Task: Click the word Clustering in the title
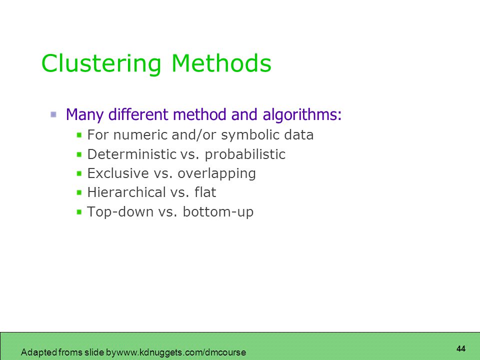click(x=101, y=64)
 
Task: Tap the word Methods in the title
click(x=221, y=63)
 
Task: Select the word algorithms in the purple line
click(x=302, y=115)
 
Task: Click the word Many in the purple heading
click(x=85, y=115)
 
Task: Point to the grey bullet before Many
click(x=53, y=115)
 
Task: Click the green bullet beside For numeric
click(x=79, y=135)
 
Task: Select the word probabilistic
click(x=245, y=154)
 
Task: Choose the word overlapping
click(x=216, y=174)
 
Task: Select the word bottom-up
click(x=218, y=212)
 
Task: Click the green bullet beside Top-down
click(x=79, y=211)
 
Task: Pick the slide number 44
click(x=460, y=348)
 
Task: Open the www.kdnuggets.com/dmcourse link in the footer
click(x=181, y=352)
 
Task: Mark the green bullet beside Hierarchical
click(x=79, y=192)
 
